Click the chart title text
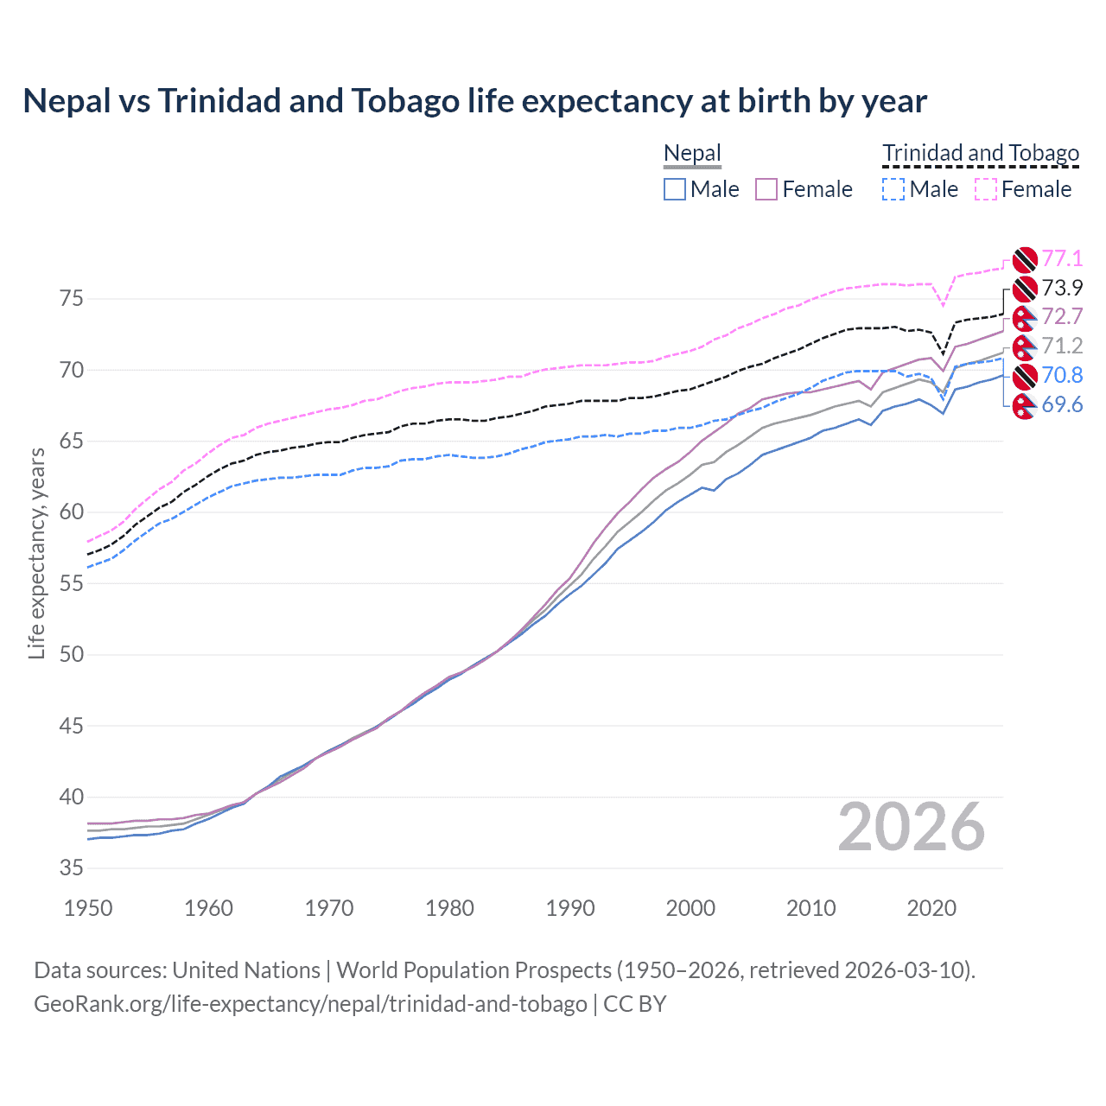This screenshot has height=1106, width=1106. tap(474, 101)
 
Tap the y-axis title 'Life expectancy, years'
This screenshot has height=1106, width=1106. tap(36, 553)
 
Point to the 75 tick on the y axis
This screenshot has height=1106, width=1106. tap(72, 299)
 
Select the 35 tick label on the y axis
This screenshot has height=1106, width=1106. tap(72, 868)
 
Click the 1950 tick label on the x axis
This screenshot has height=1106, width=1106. tap(88, 908)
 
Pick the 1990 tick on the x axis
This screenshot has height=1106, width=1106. tap(570, 908)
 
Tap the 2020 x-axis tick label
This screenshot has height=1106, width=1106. tap(931, 908)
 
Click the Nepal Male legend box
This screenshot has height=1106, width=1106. tap(675, 189)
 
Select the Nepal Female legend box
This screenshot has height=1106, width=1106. tap(766, 189)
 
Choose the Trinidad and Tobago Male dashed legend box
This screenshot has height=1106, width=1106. tap(893, 189)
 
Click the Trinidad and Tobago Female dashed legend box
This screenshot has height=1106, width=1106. tap(986, 189)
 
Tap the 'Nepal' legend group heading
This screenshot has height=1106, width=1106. tap(692, 154)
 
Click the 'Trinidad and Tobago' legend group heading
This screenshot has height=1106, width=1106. tap(981, 154)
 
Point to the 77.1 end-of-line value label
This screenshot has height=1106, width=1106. tap(1062, 258)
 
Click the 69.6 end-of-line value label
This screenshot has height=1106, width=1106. tap(1062, 404)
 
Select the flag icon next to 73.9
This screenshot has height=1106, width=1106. tap(1024, 288)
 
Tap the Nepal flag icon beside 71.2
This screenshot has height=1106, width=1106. tap(1024, 346)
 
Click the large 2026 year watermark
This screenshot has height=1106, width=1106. tap(911, 827)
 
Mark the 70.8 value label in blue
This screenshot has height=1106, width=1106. tap(1062, 375)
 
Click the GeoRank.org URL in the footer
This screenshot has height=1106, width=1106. tap(310, 1004)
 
